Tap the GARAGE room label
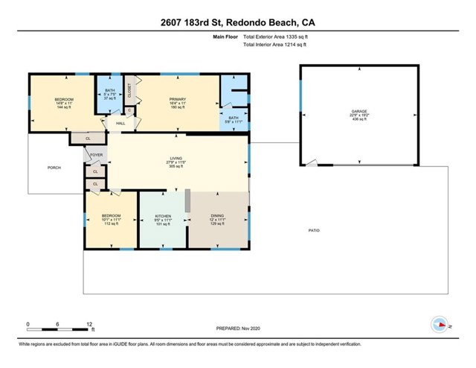pos(359,112)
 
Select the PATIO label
pos(315,232)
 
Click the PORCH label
pos(54,168)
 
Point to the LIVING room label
pos(176,159)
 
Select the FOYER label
pos(96,155)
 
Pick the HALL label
pos(120,123)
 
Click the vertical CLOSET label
pos(129,90)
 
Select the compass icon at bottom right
pos(440,324)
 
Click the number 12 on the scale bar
pos(90,325)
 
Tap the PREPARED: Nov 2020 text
pos(238,329)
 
